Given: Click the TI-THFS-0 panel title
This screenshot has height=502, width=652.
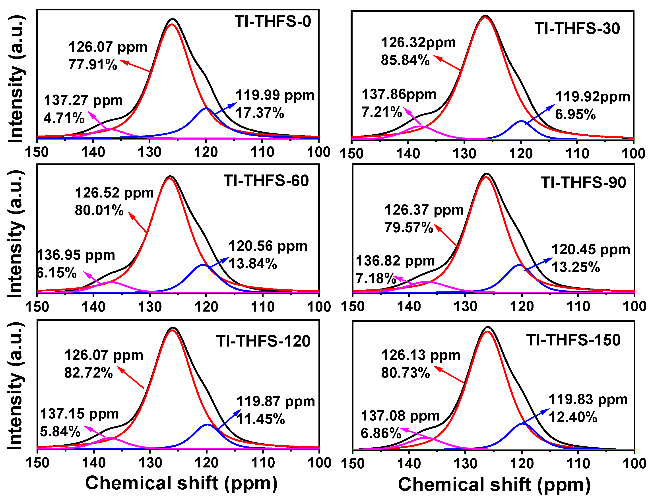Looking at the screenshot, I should point(273,21).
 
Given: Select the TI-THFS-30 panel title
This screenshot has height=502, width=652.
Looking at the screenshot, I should point(577,29).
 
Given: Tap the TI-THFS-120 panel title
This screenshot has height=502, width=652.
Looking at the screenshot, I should point(263,341).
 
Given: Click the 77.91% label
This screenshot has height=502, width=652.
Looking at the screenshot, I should point(93,64).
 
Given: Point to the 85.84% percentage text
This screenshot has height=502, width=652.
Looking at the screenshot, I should point(405,60).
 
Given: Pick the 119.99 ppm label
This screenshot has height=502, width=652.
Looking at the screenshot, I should point(275,95).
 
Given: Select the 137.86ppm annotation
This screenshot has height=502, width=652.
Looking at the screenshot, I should point(399,94).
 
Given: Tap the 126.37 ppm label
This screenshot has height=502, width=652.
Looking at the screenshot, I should point(424,210).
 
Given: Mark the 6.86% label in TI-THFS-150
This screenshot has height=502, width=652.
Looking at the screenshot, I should point(381,433).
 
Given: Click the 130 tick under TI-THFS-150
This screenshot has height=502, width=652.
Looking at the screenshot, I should point(465,463).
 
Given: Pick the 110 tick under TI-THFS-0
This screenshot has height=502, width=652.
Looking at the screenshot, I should point(262,152).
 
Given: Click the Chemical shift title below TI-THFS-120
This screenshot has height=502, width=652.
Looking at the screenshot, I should point(181,483).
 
